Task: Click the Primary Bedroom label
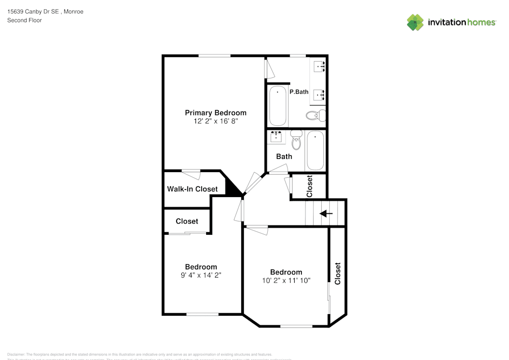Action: (x=215, y=113)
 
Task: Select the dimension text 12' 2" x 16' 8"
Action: (x=215, y=122)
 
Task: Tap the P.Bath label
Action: (x=299, y=92)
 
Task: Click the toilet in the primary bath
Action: (x=317, y=115)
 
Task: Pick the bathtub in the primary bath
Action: (x=277, y=106)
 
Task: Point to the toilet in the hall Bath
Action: (x=296, y=140)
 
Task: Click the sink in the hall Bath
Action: (x=277, y=136)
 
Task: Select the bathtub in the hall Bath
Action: (x=315, y=151)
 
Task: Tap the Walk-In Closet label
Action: (x=192, y=189)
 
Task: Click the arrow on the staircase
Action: (x=326, y=213)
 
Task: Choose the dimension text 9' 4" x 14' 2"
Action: (x=201, y=275)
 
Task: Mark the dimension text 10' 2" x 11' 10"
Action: (x=286, y=281)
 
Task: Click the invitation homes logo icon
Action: (x=415, y=22)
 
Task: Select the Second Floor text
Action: (x=24, y=20)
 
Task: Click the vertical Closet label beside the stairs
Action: (x=309, y=186)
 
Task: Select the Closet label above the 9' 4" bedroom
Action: (x=187, y=221)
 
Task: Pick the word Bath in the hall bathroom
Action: (x=284, y=156)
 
